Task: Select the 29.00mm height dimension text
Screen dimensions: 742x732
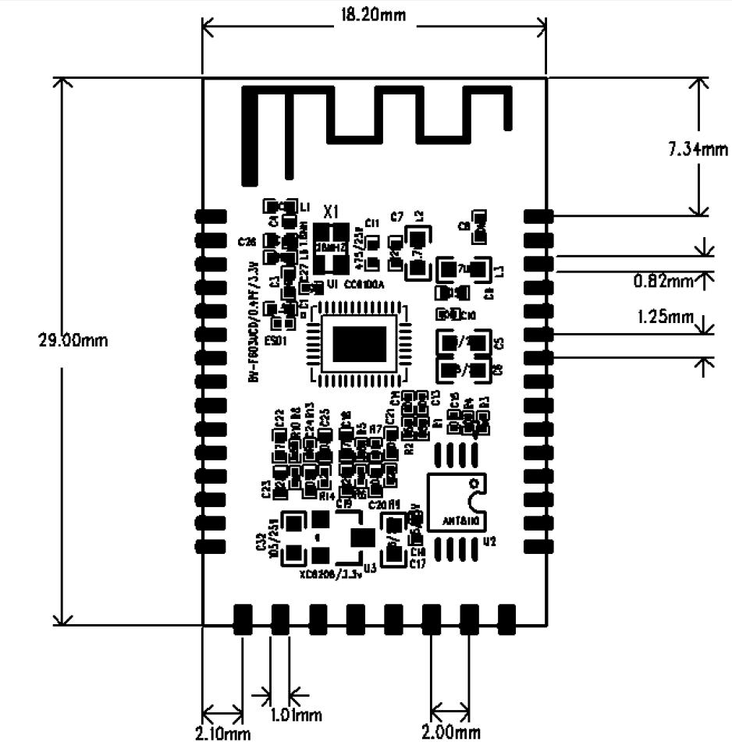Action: (x=73, y=342)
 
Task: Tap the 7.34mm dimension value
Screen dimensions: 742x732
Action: (x=698, y=149)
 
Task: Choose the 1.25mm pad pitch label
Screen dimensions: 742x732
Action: (x=665, y=317)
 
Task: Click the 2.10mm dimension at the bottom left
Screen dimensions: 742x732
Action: (x=222, y=733)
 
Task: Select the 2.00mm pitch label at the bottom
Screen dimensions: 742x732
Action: (x=450, y=732)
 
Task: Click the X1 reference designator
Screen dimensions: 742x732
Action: (x=331, y=211)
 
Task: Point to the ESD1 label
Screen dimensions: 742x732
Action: (x=277, y=341)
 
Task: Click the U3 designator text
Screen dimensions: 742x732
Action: (x=369, y=569)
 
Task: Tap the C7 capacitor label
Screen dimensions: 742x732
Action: (x=396, y=216)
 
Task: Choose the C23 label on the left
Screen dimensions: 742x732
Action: (x=266, y=489)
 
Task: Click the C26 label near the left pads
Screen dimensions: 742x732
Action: (x=247, y=243)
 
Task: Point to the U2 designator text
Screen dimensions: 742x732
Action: (x=489, y=541)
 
